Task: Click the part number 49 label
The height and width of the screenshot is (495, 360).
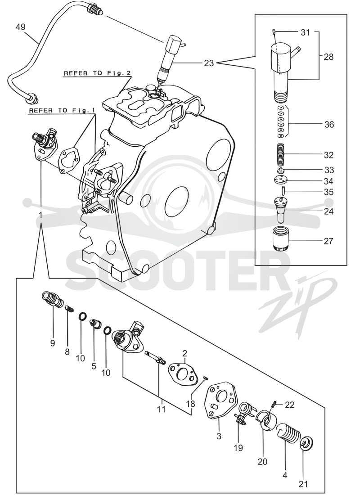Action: [21, 27]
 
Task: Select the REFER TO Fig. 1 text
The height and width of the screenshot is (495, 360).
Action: [62, 111]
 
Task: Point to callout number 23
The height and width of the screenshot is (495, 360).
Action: [209, 63]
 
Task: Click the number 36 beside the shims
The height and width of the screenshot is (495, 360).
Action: [329, 125]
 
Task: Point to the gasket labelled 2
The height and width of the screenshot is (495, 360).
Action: [182, 374]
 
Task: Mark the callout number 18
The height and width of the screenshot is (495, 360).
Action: [191, 404]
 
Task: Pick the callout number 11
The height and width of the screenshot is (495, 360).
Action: [162, 409]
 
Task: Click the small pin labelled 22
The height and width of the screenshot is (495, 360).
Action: [274, 404]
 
